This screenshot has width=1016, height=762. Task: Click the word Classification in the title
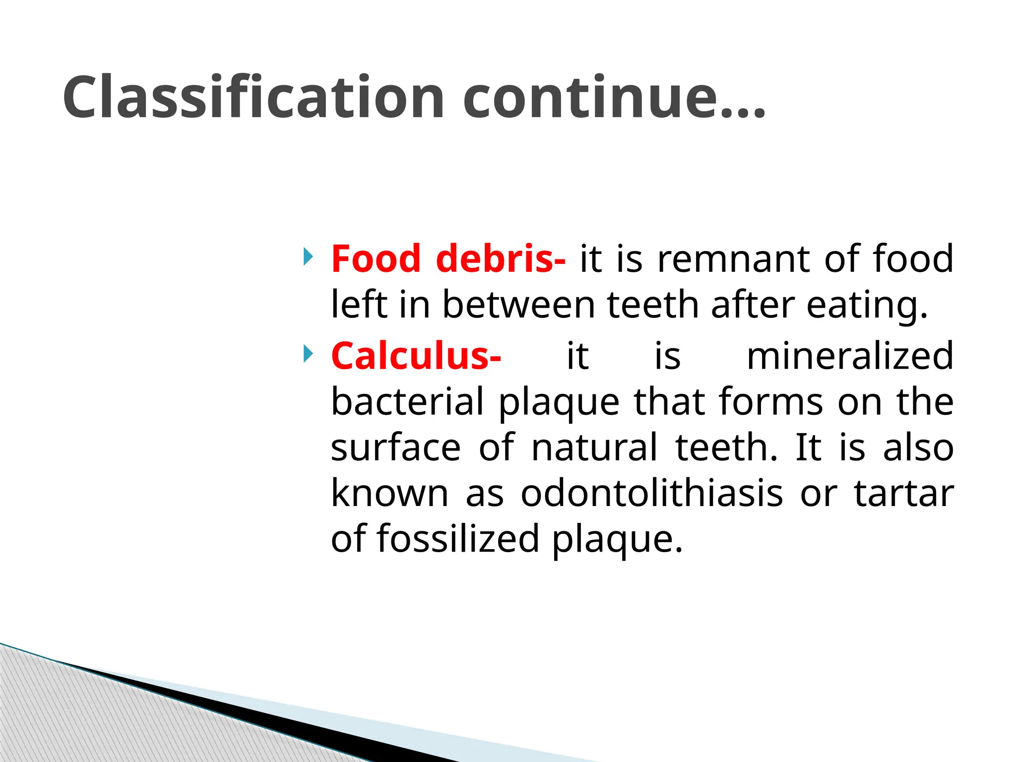[253, 98]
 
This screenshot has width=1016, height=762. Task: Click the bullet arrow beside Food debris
[308, 257]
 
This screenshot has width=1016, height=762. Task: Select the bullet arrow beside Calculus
[308, 354]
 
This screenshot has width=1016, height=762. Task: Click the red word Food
[376, 259]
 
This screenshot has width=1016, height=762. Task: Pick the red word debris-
[500, 259]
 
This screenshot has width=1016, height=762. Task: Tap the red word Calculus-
[416, 356]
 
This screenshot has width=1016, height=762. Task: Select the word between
[518, 305]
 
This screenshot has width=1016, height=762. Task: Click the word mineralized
[850, 356]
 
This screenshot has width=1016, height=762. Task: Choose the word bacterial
[407, 402]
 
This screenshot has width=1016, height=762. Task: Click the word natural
[594, 448]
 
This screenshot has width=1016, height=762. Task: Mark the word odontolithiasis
[651, 494]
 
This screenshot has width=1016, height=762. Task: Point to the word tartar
[903, 494]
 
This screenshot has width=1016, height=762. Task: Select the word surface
[395, 448]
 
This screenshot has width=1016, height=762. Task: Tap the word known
[389, 494]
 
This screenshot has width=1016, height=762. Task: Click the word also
[918, 448]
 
